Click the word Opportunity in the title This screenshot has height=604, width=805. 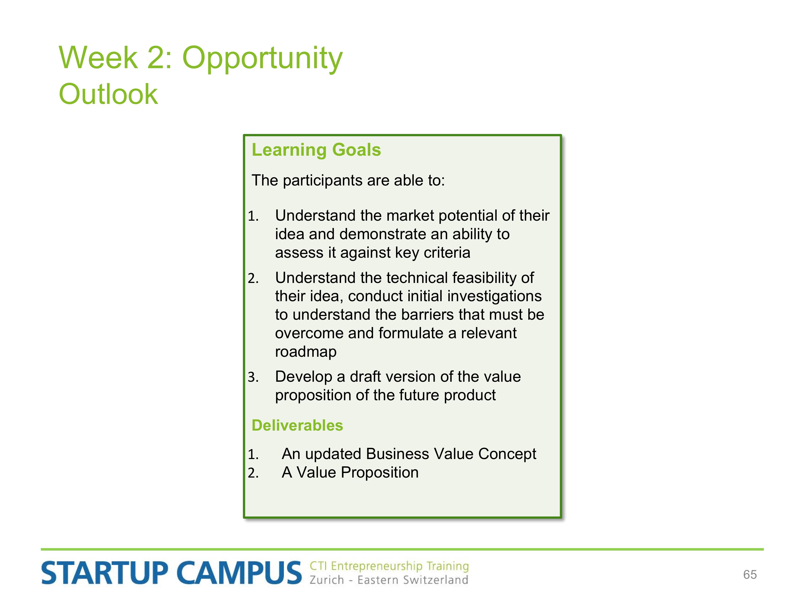(262, 58)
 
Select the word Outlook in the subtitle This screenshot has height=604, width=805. (108, 94)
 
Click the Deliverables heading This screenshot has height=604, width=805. (297, 425)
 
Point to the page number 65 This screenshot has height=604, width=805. (750, 574)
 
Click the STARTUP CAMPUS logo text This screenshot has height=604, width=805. (171, 573)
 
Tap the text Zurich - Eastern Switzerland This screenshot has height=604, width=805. (389, 580)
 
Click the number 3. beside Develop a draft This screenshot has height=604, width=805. (253, 377)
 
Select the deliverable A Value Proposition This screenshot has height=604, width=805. (350, 472)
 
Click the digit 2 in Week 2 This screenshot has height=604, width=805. (156, 58)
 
